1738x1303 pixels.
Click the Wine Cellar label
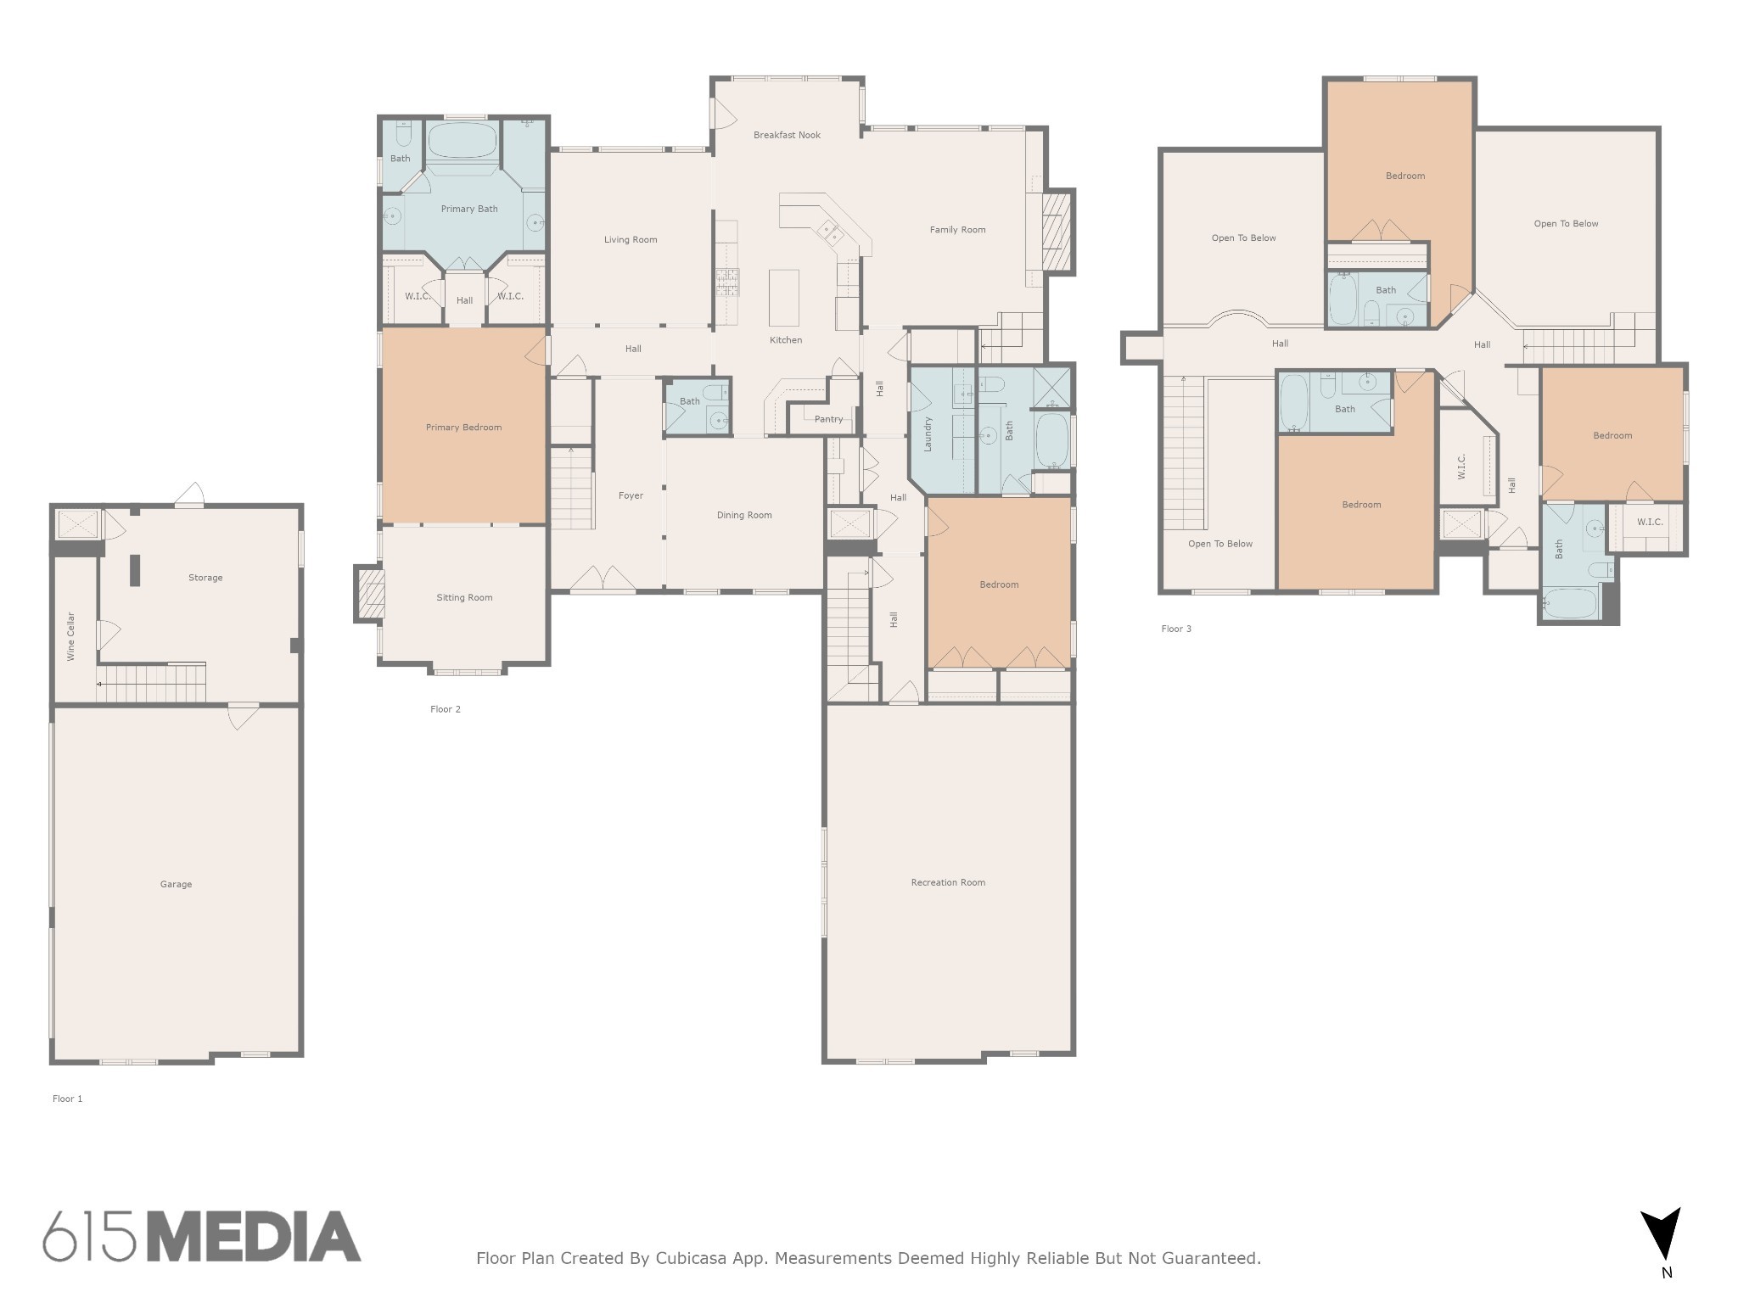click(x=71, y=636)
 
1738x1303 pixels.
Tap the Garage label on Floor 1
click(x=176, y=884)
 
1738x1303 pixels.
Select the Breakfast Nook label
click(x=787, y=135)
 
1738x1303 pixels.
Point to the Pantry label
click(x=828, y=419)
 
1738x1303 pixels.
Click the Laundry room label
click(x=928, y=433)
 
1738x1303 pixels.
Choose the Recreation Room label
click(x=948, y=882)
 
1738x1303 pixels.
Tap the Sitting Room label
click(x=464, y=597)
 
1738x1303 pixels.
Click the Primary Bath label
click(x=469, y=209)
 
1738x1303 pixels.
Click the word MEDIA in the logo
click(x=255, y=1237)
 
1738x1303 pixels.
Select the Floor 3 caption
click(x=1176, y=629)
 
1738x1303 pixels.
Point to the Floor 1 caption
click(x=68, y=1099)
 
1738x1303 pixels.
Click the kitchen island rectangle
click(x=784, y=297)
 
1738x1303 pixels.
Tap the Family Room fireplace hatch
click(x=1057, y=231)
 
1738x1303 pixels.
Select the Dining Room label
click(x=744, y=515)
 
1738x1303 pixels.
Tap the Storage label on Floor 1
click(x=205, y=578)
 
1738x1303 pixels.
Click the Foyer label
click(x=631, y=495)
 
